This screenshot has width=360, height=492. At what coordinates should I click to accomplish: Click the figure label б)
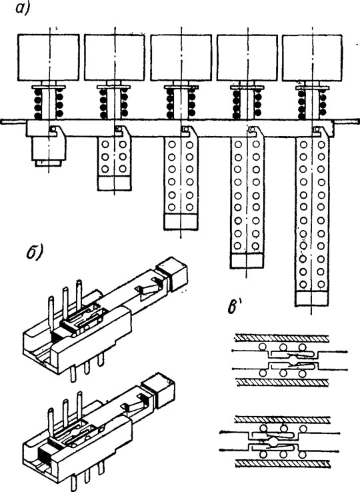coord(34,253)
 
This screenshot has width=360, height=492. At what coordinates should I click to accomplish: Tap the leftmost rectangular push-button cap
coord(49,58)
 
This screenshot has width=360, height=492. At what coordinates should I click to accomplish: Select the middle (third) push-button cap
coord(181,58)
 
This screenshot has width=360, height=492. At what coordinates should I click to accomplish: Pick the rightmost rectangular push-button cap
coord(312,58)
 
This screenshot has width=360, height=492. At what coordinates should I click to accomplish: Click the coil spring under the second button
coord(113,103)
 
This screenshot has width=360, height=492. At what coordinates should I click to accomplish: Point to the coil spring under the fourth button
coord(247,103)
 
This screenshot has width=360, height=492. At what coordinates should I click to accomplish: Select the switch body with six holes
coord(114,163)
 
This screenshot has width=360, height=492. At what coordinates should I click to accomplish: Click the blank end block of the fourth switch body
coord(247,261)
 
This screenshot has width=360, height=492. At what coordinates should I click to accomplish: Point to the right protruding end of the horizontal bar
coord(346,121)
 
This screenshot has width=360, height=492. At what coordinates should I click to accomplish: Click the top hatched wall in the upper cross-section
coord(282,338)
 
